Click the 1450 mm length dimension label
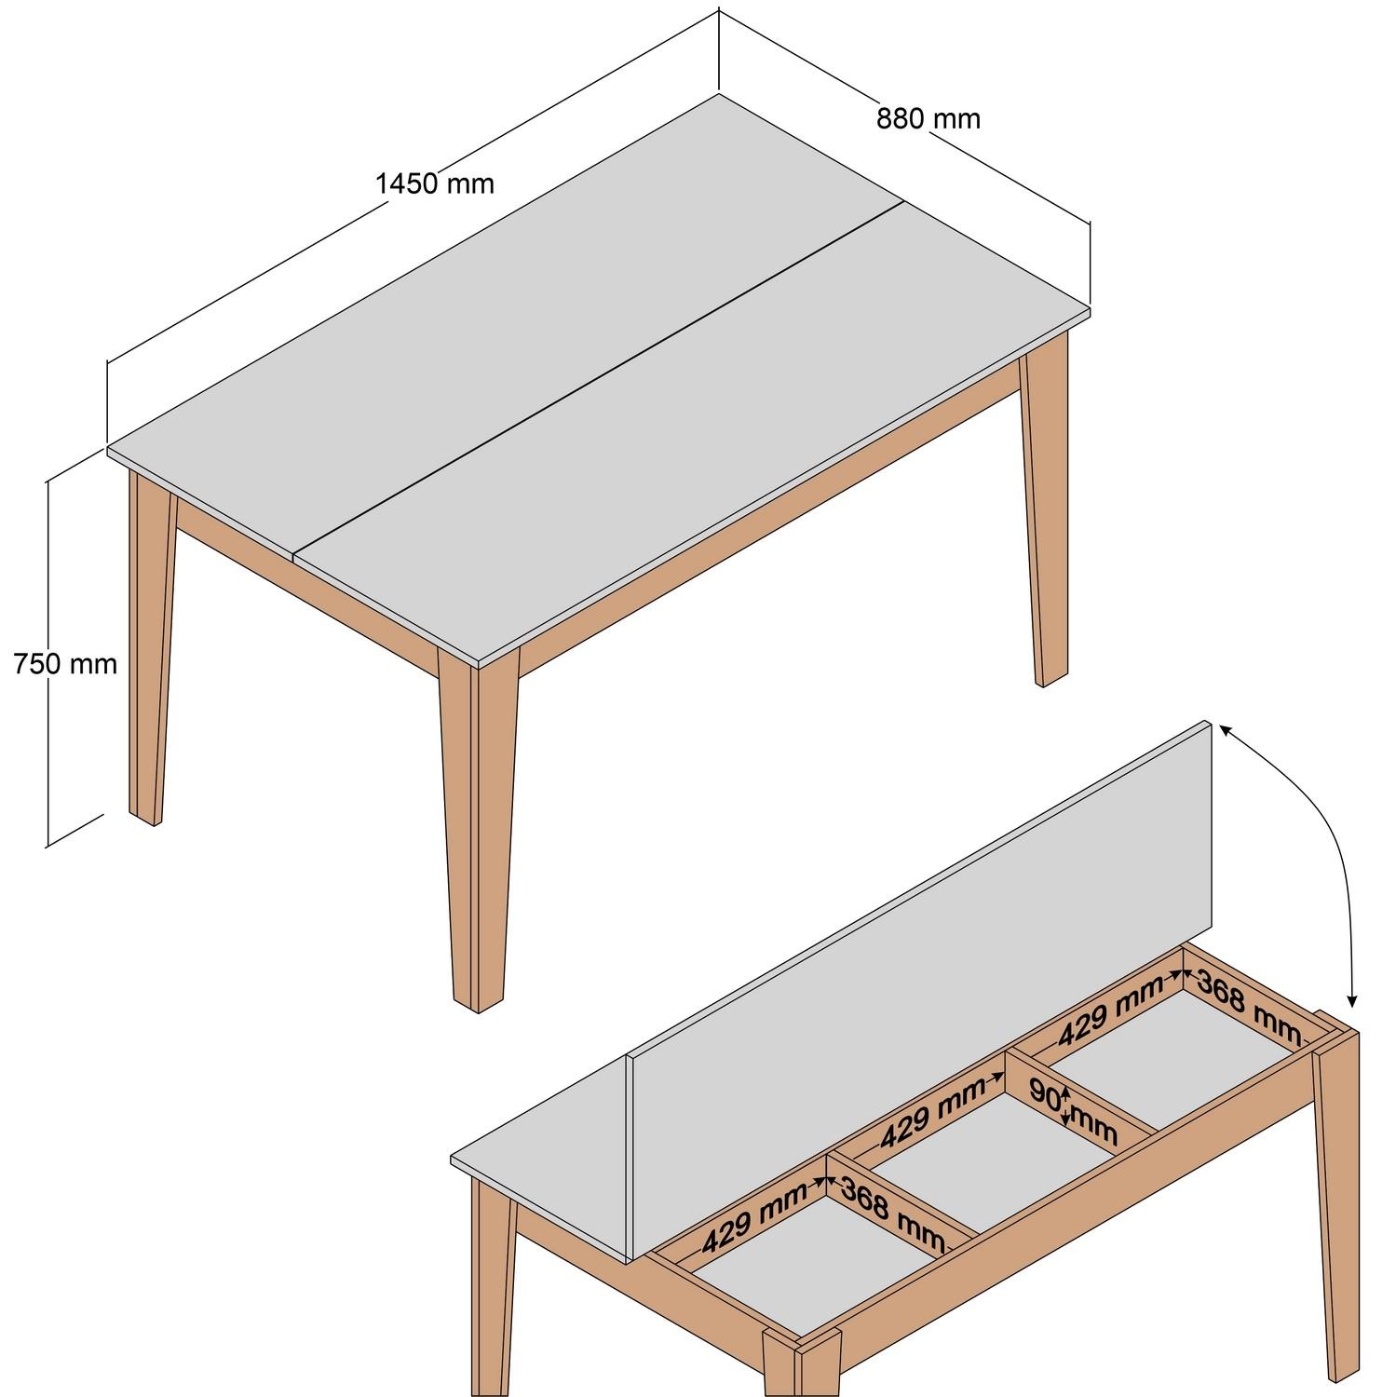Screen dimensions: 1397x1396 point(435,183)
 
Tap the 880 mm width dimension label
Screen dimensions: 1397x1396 point(928,119)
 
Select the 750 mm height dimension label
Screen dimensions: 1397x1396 point(65,664)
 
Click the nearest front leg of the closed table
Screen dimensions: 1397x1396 point(476,838)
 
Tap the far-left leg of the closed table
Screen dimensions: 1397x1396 point(149,652)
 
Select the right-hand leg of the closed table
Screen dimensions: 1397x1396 point(1045,522)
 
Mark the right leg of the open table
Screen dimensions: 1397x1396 point(1338,1211)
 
